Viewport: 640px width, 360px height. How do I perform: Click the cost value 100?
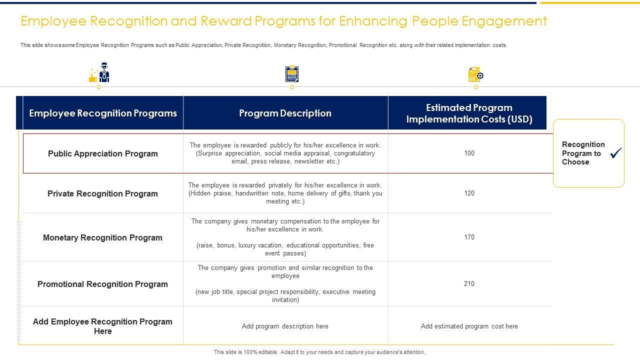coord(469,153)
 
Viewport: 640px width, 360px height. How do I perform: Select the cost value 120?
coord(469,193)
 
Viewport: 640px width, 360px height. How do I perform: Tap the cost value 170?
coord(469,237)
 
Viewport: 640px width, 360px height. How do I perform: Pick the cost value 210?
coord(469,284)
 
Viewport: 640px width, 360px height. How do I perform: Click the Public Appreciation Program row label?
coord(103,154)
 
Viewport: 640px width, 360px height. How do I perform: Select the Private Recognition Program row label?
coord(102,194)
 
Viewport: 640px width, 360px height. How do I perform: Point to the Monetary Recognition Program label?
coord(102,238)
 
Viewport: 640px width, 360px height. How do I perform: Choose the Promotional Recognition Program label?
coord(102,284)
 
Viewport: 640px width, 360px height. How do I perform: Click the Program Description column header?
coord(285,113)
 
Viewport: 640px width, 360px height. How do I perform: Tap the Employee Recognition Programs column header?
coord(103,113)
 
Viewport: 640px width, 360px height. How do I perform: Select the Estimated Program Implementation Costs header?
coord(469,113)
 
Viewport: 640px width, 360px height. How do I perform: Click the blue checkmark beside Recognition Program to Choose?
coord(616,153)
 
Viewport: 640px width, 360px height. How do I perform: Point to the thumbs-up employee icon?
coord(99,73)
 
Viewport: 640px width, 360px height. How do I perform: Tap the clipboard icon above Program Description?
coord(292,74)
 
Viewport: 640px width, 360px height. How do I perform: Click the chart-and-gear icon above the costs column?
coord(475,74)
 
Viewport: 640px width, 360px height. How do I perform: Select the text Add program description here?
coord(285,326)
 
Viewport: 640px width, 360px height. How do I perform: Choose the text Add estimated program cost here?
coord(469,326)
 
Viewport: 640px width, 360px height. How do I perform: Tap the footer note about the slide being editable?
coord(319,352)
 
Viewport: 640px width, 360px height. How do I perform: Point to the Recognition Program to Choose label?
coord(583,153)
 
